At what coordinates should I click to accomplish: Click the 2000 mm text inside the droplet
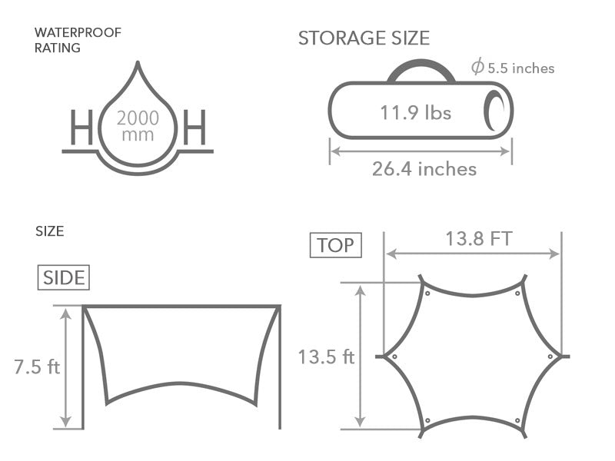(138, 126)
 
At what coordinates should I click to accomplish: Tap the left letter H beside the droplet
(81, 128)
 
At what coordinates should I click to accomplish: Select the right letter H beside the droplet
(194, 128)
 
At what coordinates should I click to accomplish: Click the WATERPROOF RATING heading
(78, 40)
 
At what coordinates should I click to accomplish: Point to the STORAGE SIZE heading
(364, 38)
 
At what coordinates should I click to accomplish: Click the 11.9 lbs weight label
(416, 112)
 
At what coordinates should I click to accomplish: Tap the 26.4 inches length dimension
(424, 169)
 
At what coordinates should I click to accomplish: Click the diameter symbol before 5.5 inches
(477, 66)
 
